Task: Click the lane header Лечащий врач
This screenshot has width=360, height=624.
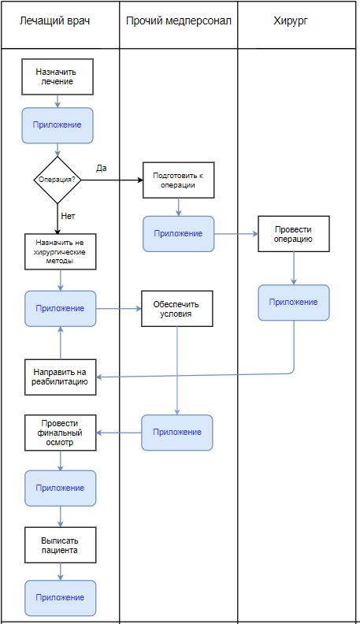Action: coord(54,21)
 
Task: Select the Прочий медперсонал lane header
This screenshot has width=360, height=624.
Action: coord(179,21)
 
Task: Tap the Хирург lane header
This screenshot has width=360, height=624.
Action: coord(291,21)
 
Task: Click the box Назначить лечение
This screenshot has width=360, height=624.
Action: coord(58,76)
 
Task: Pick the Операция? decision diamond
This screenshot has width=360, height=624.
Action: coord(58,180)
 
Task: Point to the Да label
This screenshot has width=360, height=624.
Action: coord(102,168)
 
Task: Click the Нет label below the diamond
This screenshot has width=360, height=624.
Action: coord(68,216)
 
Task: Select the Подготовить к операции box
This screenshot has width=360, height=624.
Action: coord(179,180)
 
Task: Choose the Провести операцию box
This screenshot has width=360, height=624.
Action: coord(294,234)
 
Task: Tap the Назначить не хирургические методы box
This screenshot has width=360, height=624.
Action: coord(61,251)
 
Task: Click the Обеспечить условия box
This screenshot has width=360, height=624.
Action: coord(177,309)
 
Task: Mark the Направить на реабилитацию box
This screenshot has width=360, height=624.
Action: coord(61,377)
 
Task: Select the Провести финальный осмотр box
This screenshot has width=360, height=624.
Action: coord(61,433)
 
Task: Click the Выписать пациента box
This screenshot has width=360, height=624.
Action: coord(61,545)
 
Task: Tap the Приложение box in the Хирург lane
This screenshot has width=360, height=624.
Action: coord(294,303)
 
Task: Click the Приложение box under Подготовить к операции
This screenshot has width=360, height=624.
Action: coord(179,234)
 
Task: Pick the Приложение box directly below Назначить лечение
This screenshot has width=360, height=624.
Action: coord(58,125)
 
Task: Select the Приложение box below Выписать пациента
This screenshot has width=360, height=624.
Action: coord(61,598)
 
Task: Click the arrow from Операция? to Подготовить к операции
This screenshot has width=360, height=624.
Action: coord(112,180)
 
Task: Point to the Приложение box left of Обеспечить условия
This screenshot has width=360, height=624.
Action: coord(61,309)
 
